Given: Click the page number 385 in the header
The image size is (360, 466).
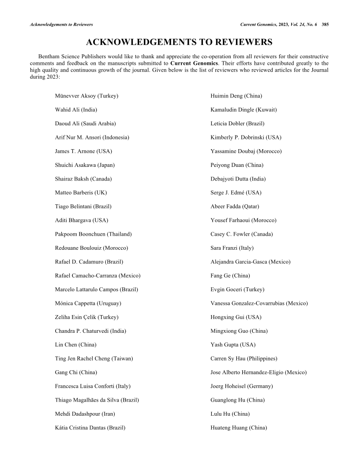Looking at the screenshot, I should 325,24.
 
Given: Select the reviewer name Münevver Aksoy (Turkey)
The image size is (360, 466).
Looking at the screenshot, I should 86,96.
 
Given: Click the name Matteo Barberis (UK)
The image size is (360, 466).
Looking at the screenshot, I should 81,193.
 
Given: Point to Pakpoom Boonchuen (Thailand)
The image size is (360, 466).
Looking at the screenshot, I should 93,234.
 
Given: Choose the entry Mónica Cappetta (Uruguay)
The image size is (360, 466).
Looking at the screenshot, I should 88,304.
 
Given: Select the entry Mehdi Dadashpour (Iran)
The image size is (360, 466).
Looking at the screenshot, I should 82,414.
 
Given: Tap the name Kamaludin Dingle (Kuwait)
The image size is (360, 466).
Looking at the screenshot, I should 244,109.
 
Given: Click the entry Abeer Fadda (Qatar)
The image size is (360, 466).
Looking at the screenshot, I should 235,207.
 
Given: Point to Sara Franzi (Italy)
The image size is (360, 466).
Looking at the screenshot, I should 232,248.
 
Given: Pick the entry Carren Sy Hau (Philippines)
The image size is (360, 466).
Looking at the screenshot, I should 244,359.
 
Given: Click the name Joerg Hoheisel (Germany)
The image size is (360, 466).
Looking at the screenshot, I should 242,387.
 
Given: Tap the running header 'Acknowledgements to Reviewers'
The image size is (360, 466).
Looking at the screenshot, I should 61,24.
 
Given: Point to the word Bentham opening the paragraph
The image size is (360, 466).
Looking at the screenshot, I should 49,57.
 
